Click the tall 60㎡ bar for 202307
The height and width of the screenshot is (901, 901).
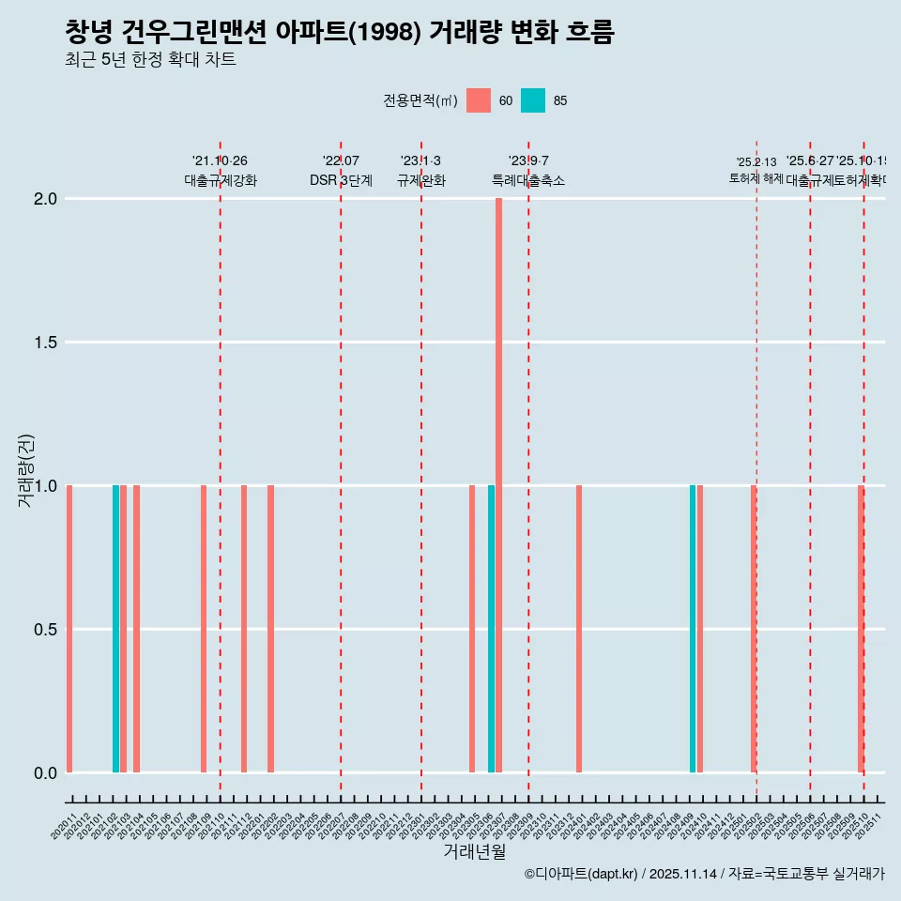tap(498, 485)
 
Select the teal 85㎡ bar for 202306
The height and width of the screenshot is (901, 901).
tap(491, 629)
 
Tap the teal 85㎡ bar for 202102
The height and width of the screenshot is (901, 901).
tap(115, 629)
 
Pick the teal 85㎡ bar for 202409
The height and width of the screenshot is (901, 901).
tap(693, 629)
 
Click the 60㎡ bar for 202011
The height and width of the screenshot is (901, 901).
tap(69, 629)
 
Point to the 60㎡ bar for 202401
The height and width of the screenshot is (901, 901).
tap(579, 629)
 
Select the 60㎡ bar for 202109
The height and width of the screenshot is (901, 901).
tap(204, 629)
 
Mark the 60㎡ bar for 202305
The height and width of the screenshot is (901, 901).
tap(472, 629)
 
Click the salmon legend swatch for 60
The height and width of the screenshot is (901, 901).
tap(479, 100)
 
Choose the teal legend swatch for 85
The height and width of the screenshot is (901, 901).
tap(533, 100)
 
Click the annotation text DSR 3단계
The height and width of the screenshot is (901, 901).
tap(341, 181)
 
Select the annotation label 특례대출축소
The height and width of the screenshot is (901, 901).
tap(528, 181)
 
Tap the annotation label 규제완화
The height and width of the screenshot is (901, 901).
tap(420, 181)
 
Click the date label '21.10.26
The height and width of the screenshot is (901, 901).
tap(220, 161)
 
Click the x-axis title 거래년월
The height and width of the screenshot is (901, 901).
tap(474, 852)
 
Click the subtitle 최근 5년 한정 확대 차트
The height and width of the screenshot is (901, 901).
tap(150, 60)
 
